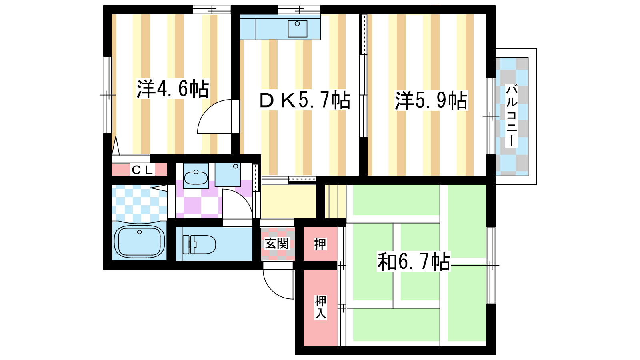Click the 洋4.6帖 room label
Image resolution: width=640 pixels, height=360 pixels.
pyautogui.click(x=173, y=88)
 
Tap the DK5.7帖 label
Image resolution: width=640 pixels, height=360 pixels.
pyautogui.click(x=305, y=100)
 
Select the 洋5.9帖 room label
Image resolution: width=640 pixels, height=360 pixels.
pyautogui.click(x=431, y=100)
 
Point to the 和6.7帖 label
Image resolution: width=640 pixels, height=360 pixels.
pyautogui.click(x=414, y=261)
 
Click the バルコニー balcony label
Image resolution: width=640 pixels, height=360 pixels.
pyautogui.click(x=512, y=116)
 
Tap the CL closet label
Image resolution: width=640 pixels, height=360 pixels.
pyautogui.click(x=142, y=170)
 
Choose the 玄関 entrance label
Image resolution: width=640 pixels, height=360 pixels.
pyautogui.click(x=276, y=244)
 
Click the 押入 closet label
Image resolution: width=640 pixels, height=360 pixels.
pyautogui.click(x=320, y=308)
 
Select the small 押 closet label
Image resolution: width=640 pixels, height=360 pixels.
pyautogui.click(x=320, y=244)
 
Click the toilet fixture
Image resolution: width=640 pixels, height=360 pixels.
pyautogui.click(x=199, y=244)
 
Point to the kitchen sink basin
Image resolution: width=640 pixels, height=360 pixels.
pyautogui.click(x=298, y=28)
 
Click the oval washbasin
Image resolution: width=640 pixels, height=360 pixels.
pyautogui.click(x=196, y=177)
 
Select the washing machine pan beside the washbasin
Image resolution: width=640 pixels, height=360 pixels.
pyautogui.click(x=228, y=175)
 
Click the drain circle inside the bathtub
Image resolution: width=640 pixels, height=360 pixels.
pyautogui.click(x=140, y=232)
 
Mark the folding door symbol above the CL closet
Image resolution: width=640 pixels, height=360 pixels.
pyautogui.click(x=116, y=145)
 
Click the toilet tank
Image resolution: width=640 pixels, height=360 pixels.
pyautogui.click(x=186, y=244)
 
